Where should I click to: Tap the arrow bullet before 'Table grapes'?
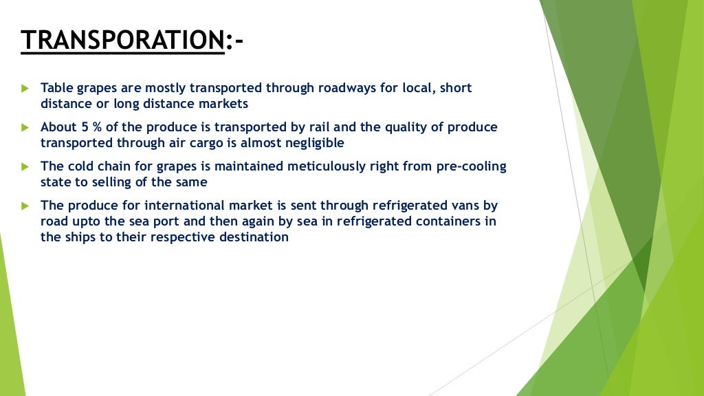click(25, 89)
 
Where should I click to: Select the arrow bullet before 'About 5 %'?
click(25, 128)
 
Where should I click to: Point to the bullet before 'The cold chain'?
click(25, 167)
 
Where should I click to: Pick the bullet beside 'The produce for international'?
click(25, 206)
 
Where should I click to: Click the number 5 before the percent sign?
click(86, 128)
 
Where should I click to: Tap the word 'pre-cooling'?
click(470, 167)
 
